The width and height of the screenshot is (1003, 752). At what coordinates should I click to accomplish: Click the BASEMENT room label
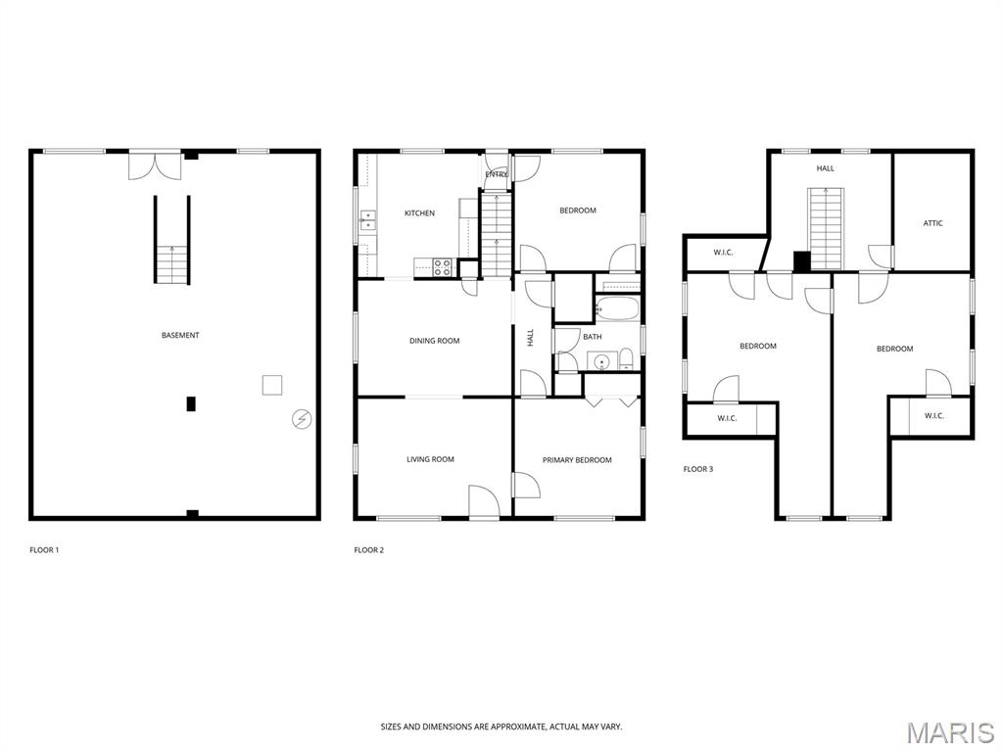(180, 335)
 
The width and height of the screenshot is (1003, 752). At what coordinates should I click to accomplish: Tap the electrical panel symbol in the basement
(302, 419)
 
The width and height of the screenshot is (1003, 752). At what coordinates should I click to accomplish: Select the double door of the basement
(156, 164)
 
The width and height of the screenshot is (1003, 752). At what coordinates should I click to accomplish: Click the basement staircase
(172, 240)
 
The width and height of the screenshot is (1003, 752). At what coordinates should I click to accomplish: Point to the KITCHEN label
(419, 212)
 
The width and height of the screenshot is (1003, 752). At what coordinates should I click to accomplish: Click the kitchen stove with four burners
(443, 267)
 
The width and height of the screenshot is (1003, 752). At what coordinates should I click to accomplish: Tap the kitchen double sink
(368, 220)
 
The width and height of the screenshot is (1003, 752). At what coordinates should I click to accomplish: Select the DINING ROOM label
(434, 341)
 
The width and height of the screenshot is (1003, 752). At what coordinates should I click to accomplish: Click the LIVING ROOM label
(431, 459)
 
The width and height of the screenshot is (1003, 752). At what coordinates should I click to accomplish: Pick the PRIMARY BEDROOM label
(577, 460)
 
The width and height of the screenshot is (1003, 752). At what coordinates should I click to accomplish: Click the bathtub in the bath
(617, 309)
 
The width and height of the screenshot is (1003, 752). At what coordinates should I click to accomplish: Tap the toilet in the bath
(626, 359)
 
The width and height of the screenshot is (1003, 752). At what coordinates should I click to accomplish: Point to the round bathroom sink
(602, 362)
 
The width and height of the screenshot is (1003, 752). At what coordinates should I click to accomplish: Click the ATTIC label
(933, 223)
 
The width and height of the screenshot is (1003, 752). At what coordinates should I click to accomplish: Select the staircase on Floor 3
(827, 228)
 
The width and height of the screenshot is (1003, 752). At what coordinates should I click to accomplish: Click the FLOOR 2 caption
(369, 550)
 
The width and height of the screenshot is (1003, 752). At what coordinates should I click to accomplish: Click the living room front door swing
(484, 501)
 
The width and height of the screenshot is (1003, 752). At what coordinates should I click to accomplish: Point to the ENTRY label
(497, 174)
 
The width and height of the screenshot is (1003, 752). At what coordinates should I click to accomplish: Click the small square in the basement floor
(272, 385)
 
